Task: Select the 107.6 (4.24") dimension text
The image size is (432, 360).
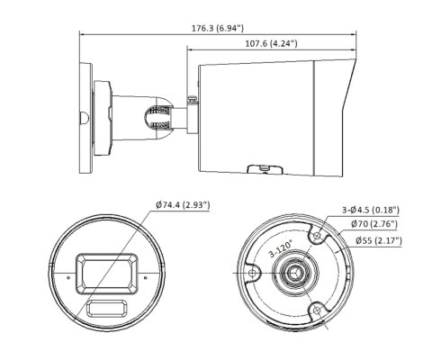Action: pos(270,42)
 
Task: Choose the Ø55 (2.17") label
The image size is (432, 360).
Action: pos(377,240)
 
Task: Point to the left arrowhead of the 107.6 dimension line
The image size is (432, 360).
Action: pos(190,51)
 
